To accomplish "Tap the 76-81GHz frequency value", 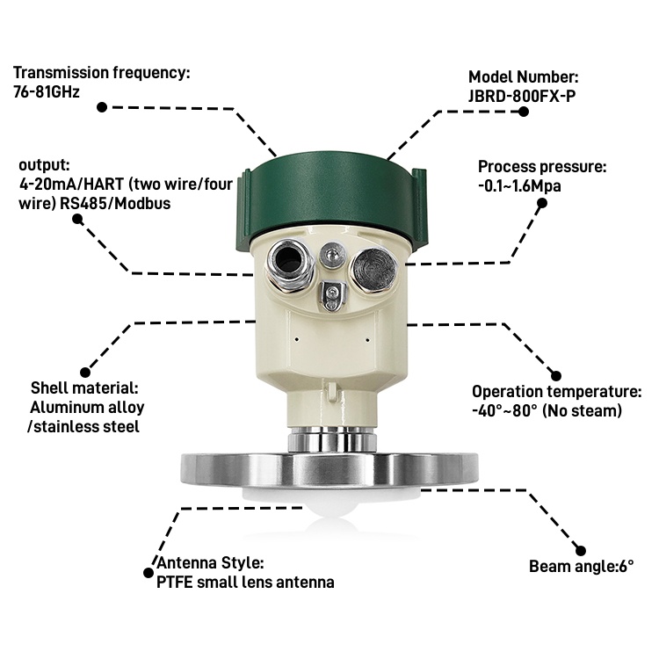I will point(46,91).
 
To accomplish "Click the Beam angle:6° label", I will point(581,566).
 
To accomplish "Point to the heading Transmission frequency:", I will point(100,72).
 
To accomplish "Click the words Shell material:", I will point(84,387).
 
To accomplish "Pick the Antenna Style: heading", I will point(209,563).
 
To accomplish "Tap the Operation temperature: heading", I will point(557,392).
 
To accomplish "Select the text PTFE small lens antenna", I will point(245,582).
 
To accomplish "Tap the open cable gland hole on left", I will point(286,259).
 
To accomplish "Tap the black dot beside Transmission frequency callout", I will point(101,107).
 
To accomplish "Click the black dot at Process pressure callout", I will point(542,203).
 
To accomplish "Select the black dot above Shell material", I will point(85,372).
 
